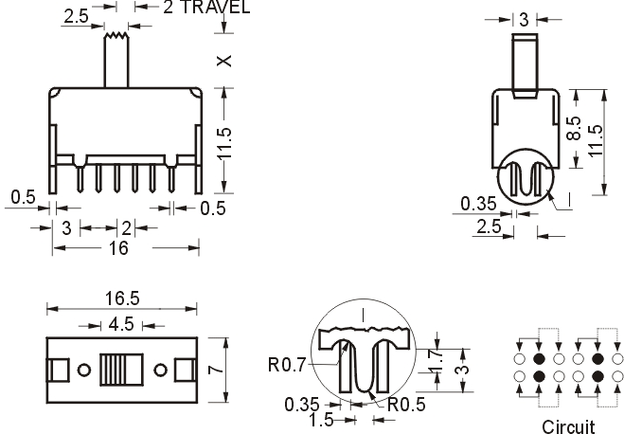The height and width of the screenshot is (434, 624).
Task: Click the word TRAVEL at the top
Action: [215, 8]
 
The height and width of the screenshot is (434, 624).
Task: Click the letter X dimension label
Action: [224, 61]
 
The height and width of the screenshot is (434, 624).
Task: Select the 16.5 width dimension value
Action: [122, 298]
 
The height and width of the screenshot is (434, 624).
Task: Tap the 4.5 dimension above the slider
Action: [121, 324]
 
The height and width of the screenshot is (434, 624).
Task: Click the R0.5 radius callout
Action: [406, 405]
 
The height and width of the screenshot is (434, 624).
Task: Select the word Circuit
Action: [568, 426]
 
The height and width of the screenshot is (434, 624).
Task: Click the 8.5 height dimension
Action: [574, 128]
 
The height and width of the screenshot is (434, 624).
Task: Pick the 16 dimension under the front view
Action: [118, 248]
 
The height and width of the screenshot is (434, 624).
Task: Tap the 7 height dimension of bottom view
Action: [216, 370]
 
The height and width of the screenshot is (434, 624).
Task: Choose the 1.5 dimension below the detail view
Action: [321, 420]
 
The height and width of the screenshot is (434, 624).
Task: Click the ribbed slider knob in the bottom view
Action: [121, 370]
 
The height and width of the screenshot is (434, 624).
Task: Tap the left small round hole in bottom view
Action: [84, 370]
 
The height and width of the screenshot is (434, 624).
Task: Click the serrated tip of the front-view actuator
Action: [116, 36]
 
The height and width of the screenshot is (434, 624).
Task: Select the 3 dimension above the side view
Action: [525, 19]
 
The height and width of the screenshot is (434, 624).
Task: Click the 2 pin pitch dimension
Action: [126, 228]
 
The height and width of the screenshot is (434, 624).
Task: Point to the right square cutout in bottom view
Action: [185, 370]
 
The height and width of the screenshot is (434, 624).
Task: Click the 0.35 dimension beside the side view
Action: [478, 204]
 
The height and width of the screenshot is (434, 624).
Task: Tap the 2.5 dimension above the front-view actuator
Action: [76, 16]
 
